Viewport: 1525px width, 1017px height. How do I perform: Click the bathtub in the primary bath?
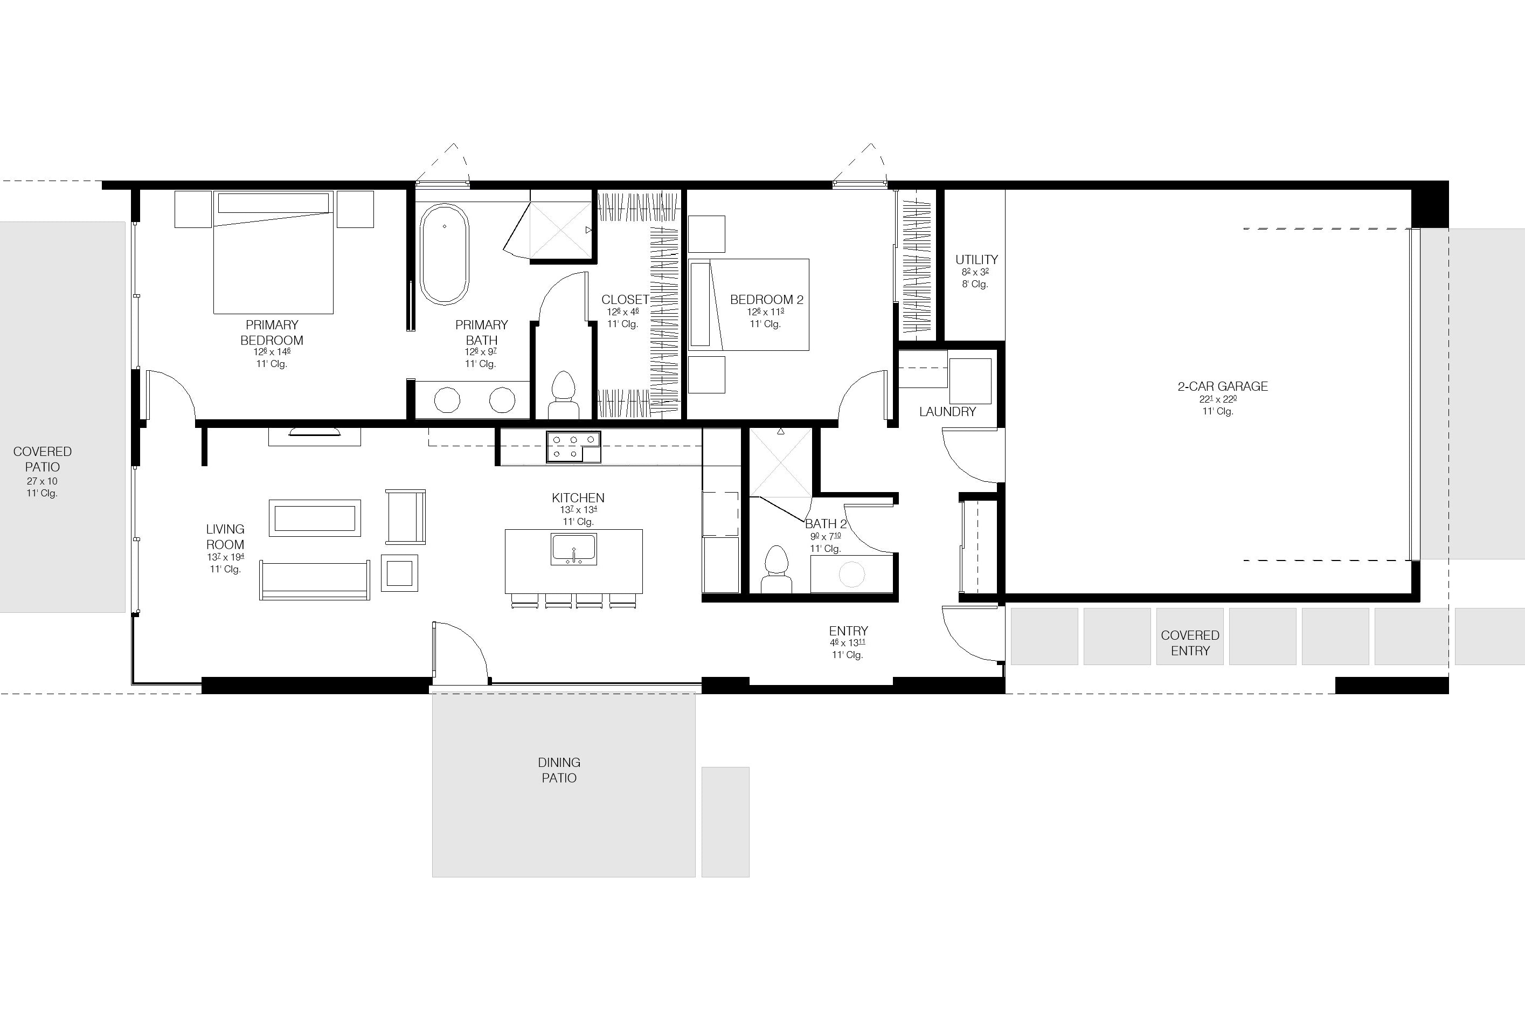[444, 254]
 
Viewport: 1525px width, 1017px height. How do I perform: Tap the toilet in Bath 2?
[775, 569]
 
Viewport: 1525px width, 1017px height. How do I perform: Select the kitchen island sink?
[573, 549]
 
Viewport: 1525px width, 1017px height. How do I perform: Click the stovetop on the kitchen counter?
[573, 447]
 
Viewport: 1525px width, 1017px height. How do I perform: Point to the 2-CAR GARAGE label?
[1223, 386]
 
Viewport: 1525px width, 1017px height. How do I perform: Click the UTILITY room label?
[976, 259]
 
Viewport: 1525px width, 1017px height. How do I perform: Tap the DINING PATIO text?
[559, 770]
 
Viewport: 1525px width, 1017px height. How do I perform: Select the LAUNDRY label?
[947, 412]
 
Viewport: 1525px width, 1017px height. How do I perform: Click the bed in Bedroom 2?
[748, 305]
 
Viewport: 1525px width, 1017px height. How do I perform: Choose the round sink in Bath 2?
[851, 574]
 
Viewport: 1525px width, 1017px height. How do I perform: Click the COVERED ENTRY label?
[1190, 643]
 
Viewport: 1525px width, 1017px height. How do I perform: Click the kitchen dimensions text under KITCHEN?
[578, 510]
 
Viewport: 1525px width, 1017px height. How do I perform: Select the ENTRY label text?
[848, 631]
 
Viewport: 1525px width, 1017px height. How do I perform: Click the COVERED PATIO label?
[42, 459]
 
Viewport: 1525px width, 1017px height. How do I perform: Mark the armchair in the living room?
[406, 517]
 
